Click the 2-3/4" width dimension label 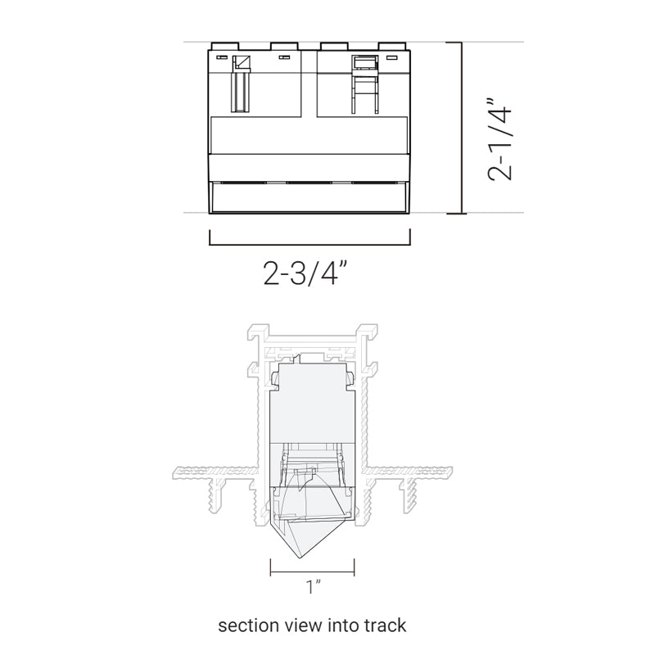pos(305,273)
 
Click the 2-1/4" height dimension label pos(499,140)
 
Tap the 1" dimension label pos(314,586)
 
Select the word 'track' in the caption pos(385,626)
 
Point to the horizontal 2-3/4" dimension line pos(309,244)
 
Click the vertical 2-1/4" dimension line pos(461,128)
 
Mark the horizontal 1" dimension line pos(313,571)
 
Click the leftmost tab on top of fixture pos(225,46)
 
